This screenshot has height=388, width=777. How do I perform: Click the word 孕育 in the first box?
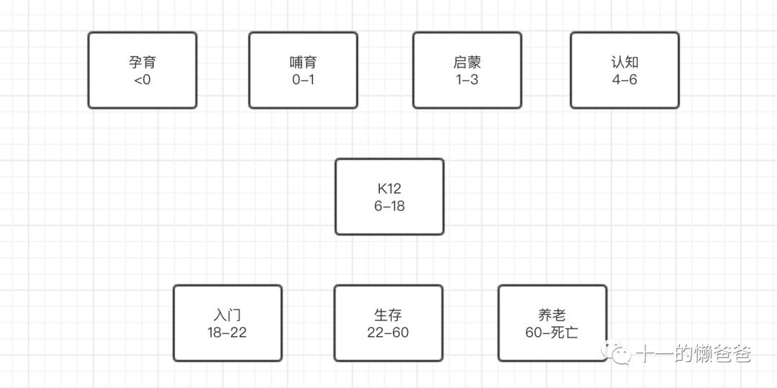pyautogui.click(x=142, y=63)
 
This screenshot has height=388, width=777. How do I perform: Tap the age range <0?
pyautogui.click(x=142, y=79)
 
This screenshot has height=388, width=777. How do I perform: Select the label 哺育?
pyautogui.click(x=303, y=63)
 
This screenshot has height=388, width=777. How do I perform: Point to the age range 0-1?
pyautogui.click(x=303, y=79)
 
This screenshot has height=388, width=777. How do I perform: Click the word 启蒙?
pyautogui.click(x=468, y=63)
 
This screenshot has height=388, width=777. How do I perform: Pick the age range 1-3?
pyautogui.click(x=468, y=79)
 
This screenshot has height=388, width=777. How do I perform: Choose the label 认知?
pyautogui.click(x=625, y=63)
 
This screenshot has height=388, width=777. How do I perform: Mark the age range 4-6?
pyautogui.click(x=625, y=79)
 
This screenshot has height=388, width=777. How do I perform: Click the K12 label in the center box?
pyautogui.click(x=389, y=189)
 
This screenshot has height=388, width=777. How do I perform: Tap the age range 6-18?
pyautogui.click(x=389, y=206)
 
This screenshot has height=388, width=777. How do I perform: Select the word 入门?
pyautogui.click(x=227, y=315)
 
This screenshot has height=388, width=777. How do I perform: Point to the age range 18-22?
pyautogui.click(x=227, y=332)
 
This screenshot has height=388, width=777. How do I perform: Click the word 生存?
pyautogui.click(x=388, y=315)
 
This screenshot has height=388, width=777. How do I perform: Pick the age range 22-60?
pyautogui.click(x=388, y=332)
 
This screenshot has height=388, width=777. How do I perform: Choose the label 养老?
pyautogui.click(x=552, y=315)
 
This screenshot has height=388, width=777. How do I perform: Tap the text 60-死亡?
pyautogui.click(x=552, y=332)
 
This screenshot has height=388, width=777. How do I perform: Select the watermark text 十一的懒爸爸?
pyautogui.click(x=694, y=354)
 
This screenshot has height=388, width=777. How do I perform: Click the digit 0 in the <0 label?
pyautogui.click(x=146, y=79)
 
